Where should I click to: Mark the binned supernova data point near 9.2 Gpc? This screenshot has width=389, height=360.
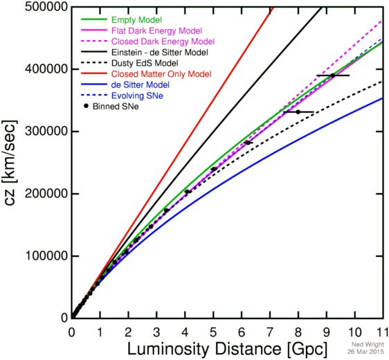332,75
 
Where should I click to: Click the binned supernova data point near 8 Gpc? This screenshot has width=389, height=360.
298,111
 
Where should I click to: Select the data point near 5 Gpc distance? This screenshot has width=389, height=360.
213,169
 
